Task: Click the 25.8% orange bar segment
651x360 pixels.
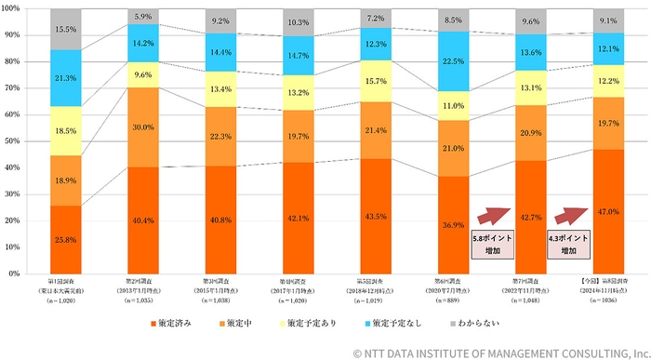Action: click(65, 240)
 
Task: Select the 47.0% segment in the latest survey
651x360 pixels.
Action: click(608, 211)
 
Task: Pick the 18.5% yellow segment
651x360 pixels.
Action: click(65, 131)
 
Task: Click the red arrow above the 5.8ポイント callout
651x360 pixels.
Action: click(497, 216)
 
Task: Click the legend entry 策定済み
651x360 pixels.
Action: click(177, 322)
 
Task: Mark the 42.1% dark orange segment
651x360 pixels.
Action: click(298, 218)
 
